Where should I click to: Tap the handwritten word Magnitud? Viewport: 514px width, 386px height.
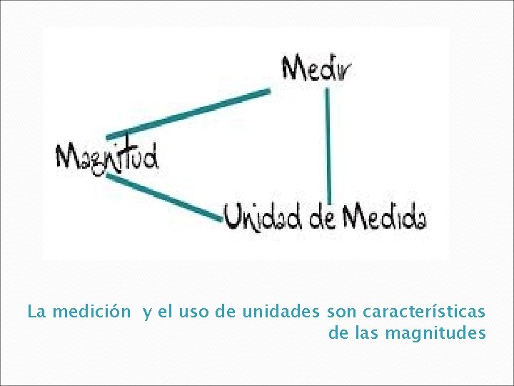pos(107,156)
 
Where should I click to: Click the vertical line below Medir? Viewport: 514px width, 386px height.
pos(328,143)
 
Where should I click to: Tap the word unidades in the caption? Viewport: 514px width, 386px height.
pos(282,312)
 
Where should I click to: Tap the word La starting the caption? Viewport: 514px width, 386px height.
pos(36,312)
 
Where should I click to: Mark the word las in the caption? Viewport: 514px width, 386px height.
pos(367,333)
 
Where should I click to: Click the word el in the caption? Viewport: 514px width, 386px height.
pos(164,312)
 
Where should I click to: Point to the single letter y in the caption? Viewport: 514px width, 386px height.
pos(146,313)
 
